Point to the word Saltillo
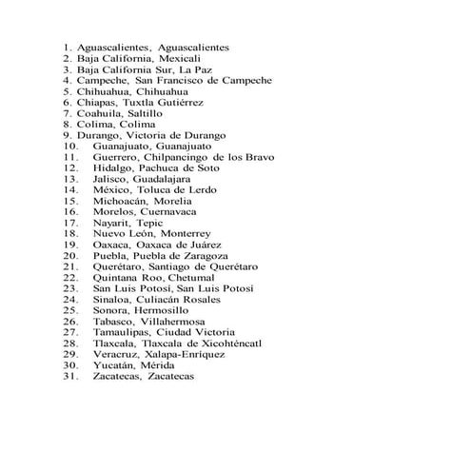pos(151,113)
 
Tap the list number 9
pos(68,134)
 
